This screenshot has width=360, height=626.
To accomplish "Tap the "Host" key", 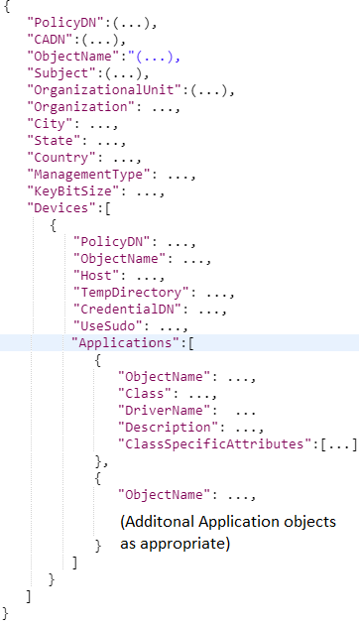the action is point(96,275).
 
